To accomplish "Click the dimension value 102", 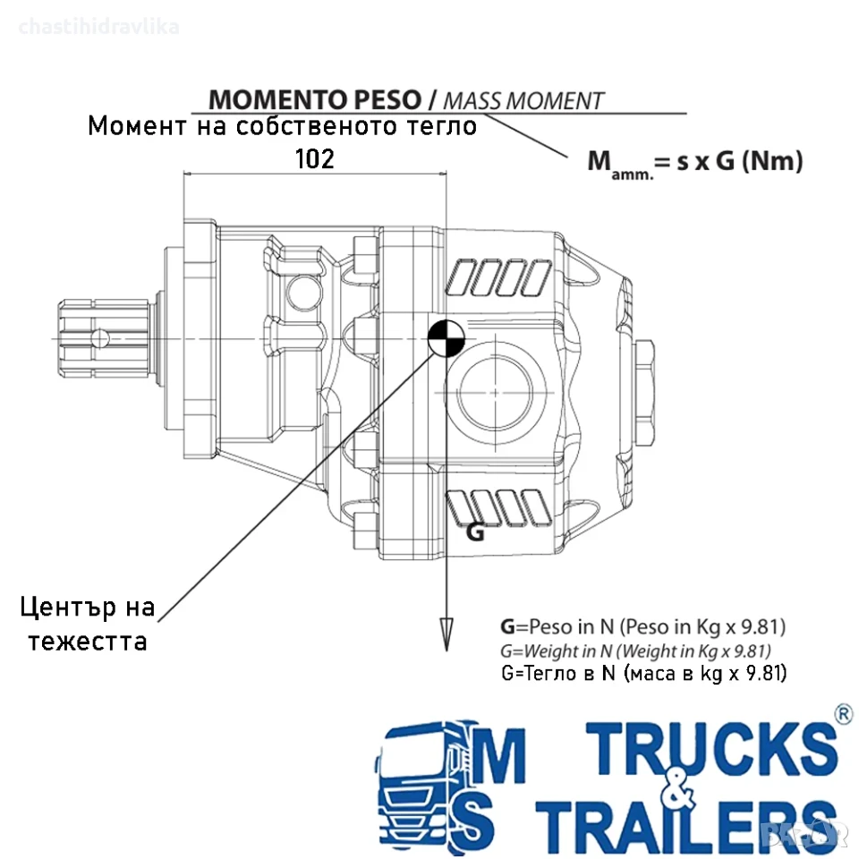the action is [x=314, y=159].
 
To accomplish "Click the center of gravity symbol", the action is [x=446, y=338].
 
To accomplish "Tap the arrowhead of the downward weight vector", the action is [x=447, y=634].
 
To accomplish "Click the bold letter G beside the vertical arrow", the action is [x=475, y=532].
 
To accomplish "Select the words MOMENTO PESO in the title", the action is [x=315, y=99].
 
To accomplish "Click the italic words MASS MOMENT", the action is [x=523, y=101].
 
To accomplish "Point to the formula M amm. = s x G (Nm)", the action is [x=695, y=163].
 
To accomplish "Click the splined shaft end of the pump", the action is [x=104, y=338].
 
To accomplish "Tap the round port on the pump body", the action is [x=495, y=392].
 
